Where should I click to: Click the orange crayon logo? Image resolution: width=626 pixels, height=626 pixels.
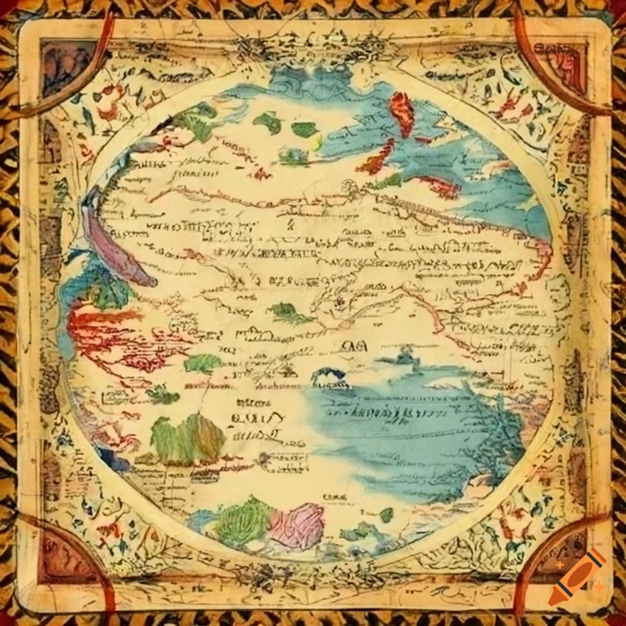pyautogui.click(x=577, y=576)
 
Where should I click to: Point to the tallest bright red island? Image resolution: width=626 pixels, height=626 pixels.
pyautogui.click(x=402, y=113)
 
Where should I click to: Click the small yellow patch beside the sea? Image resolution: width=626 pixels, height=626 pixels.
pyautogui.click(x=315, y=142)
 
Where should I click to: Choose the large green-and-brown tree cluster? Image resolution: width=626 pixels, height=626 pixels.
pyautogui.click(x=187, y=438)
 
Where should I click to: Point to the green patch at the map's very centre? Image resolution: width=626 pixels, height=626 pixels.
pyautogui.click(x=290, y=313)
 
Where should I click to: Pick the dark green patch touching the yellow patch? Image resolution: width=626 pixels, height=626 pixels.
pyautogui.click(x=304, y=129)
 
